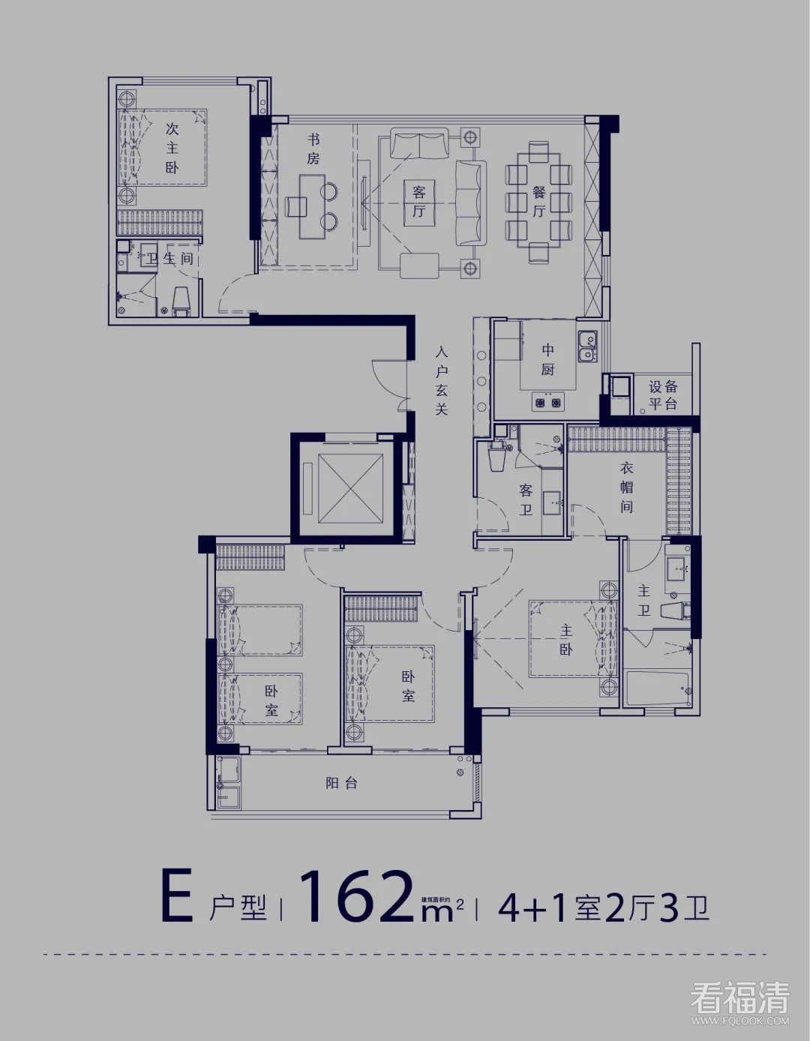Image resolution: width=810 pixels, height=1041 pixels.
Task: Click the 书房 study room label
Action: (x=313, y=149)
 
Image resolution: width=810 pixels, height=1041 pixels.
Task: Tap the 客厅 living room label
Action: (x=418, y=201)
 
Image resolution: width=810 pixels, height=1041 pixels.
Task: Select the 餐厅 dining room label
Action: (x=539, y=201)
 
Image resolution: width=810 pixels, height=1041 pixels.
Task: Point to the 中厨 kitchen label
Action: (x=547, y=359)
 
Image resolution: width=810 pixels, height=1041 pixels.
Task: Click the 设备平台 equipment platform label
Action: (x=663, y=395)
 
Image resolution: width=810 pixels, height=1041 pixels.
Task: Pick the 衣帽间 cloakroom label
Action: (x=626, y=487)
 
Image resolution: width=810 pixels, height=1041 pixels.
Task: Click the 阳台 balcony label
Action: (x=341, y=783)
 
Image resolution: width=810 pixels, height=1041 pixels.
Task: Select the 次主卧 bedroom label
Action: (x=172, y=148)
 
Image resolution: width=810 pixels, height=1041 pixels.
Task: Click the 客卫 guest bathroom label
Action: (x=526, y=500)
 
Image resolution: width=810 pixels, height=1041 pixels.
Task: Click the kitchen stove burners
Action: (x=547, y=403)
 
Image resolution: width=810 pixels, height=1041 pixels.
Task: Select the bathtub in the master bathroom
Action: (x=657, y=688)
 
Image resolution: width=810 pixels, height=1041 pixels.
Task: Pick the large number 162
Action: (x=357, y=896)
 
